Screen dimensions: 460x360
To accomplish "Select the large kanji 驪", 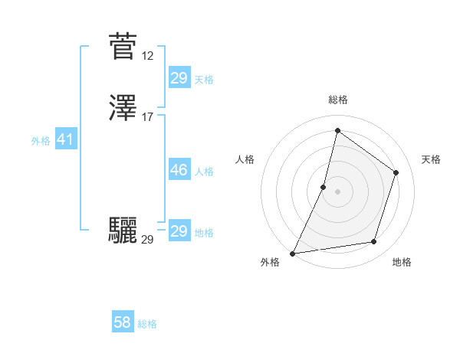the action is click(123, 230).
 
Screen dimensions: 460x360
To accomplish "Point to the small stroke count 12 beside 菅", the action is click(148, 56).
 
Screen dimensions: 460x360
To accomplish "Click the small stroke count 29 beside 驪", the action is click(148, 240).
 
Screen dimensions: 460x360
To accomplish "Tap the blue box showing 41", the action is click(65, 140).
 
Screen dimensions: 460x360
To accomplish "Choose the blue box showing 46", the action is click(179, 170).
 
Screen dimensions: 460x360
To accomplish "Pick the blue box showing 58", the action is click(123, 322).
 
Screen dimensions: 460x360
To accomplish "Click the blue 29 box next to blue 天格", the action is click(179, 78).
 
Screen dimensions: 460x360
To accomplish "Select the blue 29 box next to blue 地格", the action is click(179, 231).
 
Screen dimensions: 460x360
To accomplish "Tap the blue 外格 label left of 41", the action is click(41, 141).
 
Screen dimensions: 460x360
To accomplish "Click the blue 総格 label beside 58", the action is click(147, 324).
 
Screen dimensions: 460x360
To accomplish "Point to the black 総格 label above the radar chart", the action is click(337, 100).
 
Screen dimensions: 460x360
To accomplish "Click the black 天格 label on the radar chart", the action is click(432, 159).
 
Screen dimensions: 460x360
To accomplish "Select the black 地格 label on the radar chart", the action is click(402, 263).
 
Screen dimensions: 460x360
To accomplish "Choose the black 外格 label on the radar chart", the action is click(270, 263).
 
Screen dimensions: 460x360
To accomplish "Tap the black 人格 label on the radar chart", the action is click(245, 159).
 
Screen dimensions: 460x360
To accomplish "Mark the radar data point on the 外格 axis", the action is click(292, 253).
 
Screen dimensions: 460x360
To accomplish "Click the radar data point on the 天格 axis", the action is click(396, 172).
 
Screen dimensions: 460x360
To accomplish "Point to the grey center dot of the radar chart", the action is click(337, 191).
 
